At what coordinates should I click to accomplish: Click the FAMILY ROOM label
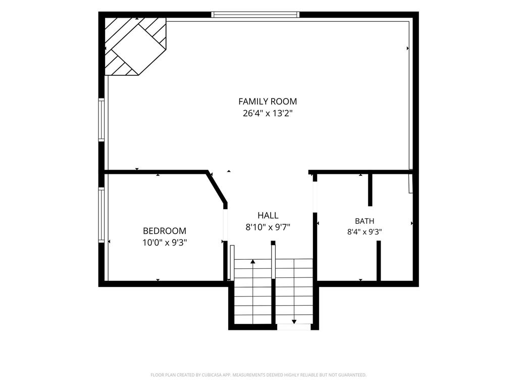(x=268, y=101)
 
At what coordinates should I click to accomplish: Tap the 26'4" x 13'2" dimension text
(x=268, y=114)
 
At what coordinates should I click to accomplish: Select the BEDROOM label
(x=165, y=230)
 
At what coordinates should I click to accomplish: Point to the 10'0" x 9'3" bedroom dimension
(x=165, y=243)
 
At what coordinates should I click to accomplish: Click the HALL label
(x=268, y=215)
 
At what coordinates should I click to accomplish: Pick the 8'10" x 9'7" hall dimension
(x=268, y=227)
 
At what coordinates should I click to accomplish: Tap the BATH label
(x=365, y=221)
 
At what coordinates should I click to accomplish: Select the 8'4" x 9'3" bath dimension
(x=365, y=232)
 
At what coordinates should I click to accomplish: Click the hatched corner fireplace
(x=135, y=46)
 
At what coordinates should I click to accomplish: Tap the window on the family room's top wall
(x=255, y=15)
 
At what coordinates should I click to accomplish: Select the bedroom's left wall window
(x=101, y=215)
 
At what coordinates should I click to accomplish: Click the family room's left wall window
(x=101, y=120)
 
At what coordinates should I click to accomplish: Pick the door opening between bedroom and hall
(x=226, y=225)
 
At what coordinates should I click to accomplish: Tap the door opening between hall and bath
(x=315, y=197)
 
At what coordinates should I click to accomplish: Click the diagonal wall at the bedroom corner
(x=217, y=187)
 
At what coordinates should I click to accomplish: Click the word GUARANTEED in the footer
(x=354, y=375)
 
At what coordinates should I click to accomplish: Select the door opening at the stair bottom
(x=293, y=327)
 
